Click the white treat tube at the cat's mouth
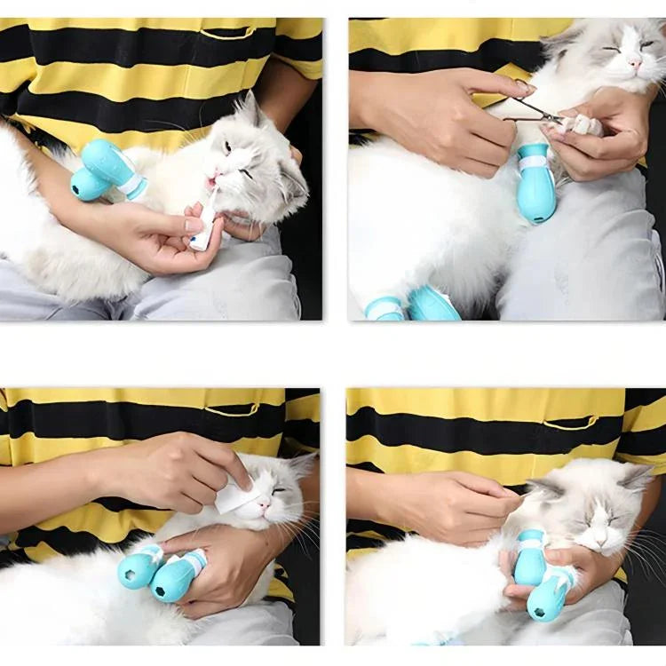(203, 226)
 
